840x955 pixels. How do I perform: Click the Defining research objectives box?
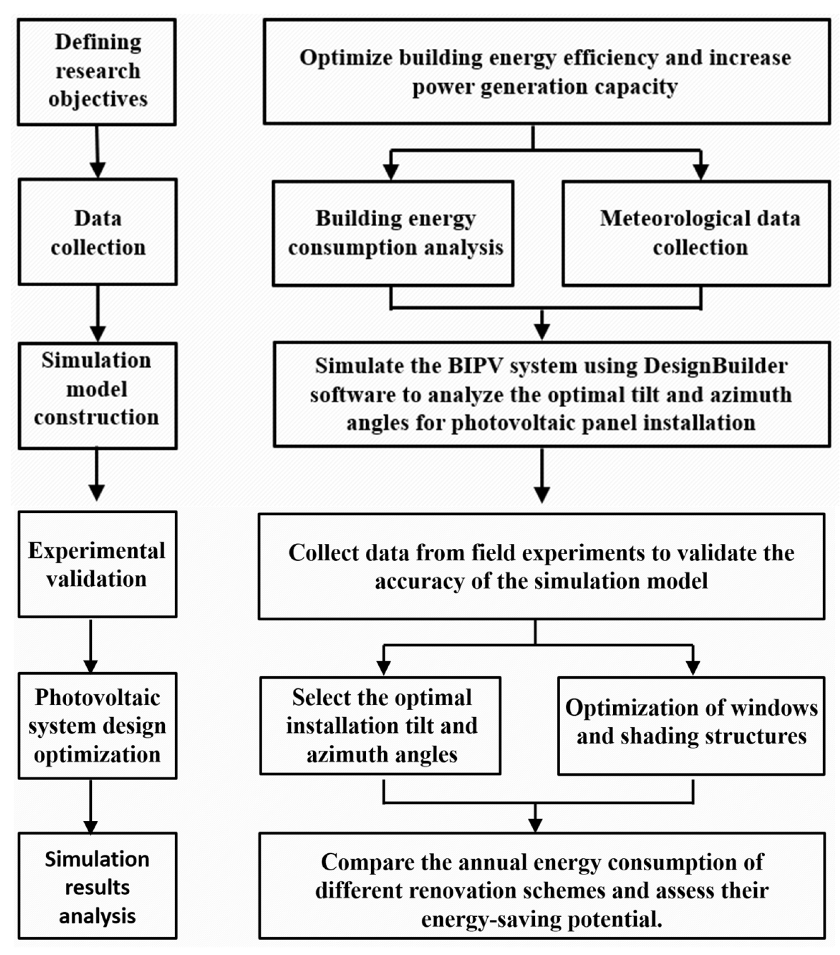(x=97, y=72)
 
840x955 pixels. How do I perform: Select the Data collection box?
(x=98, y=232)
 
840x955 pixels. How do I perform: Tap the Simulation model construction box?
(x=97, y=396)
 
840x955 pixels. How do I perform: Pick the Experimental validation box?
(x=97, y=564)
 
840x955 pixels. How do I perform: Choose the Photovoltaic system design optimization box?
(x=97, y=726)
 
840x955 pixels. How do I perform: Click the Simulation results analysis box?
(x=97, y=887)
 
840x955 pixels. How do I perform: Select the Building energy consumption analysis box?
(x=393, y=233)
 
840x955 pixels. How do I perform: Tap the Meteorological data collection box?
(x=696, y=233)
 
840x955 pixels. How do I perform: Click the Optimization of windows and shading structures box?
(x=691, y=726)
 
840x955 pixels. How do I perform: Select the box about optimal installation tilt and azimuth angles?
(x=381, y=726)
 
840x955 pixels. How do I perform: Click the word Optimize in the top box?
(x=345, y=58)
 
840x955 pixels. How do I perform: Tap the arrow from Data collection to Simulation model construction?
(x=97, y=312)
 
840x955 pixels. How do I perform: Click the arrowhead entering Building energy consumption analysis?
(x=391, y=172)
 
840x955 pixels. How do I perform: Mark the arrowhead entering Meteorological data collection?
(x=701, y=172)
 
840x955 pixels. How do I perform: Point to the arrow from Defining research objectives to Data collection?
(x=97, y=151)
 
